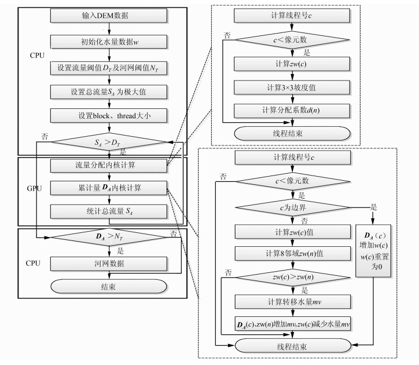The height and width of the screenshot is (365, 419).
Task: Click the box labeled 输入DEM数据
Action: click(x=108, y=16)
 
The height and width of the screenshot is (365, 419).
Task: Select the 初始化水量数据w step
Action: click(x=108, y=42)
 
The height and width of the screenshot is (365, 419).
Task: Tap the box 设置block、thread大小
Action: click(x=108, y=115)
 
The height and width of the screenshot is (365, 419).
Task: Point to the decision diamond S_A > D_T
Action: click(x=108, y=141)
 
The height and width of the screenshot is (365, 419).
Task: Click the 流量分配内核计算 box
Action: click(x=108, y=166)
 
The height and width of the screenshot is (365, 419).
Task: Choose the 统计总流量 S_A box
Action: click(x=108, y=212)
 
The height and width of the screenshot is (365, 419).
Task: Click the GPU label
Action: click(x=35, y=189)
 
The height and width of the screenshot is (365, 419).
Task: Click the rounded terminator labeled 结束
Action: click(x=108, y=286)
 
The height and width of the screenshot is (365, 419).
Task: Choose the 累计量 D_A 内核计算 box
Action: click(x=108, y=189)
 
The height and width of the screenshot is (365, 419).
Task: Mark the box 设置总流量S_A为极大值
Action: click(x=108, y=92)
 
